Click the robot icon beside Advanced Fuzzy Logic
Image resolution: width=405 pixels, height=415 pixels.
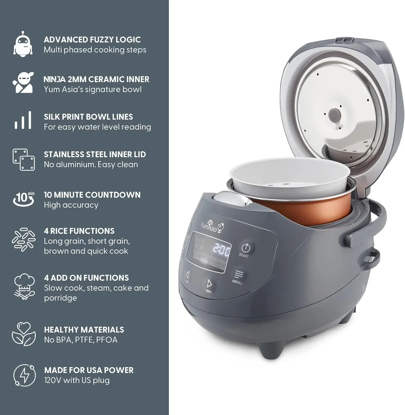(23, 44)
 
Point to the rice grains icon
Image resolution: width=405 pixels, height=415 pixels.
(24, 240)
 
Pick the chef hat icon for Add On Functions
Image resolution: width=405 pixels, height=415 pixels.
(24, 287)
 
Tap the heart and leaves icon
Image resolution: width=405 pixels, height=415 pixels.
(24, 334)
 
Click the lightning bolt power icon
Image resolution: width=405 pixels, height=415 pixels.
(24, 375)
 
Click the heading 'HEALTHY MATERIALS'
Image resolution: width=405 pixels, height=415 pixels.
(84, 330)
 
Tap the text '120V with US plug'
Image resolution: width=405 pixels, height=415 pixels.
(77, 380)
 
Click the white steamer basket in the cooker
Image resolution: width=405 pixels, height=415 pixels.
(288, 180)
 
